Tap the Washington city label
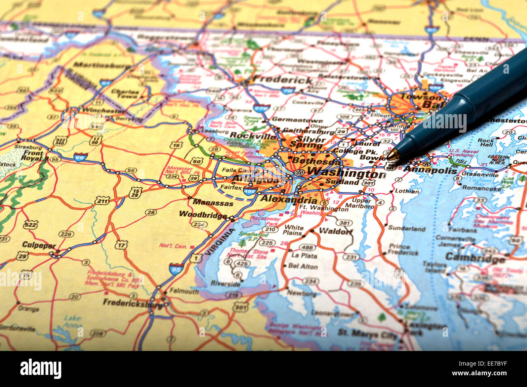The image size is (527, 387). pyautogui.click(x=346, y=174)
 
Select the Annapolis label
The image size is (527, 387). pyautogui.click(x=429, y=170)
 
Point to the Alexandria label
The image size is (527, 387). pyautogui.click(x=289, y=199)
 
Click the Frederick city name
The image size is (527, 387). pyautogui.click(x=283, y=79)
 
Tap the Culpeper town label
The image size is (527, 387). pyautogui.click(x=39, y=245)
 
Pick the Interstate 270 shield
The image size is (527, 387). pyautogui.click(x=261, y=108)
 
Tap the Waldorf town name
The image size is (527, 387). pyautogui.click(x=336, y=232)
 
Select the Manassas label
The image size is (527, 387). pyautogui.click(x=213, y=202)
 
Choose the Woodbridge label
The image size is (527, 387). pyautogui.click(x=203, y=215)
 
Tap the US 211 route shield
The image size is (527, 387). pyautogui.click(x=103, y=200)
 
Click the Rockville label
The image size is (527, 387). pyautogui.click(x=253, y=136)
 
